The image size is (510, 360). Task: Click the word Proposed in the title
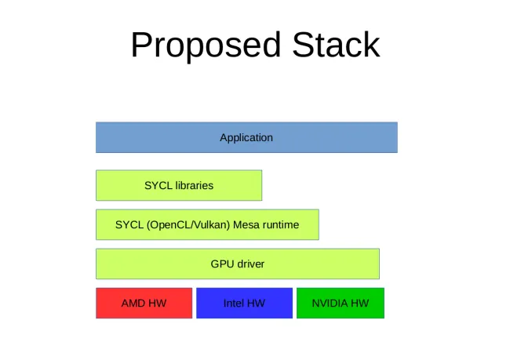tap(206, 45)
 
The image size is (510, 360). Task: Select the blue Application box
tap(246, 137)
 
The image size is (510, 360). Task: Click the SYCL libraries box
tap(179, 185)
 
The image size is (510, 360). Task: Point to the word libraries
tap(194, 185)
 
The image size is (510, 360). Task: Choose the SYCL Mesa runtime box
tap(207, 225)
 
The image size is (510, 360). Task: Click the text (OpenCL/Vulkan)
tap(188, 225)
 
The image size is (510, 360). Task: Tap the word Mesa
tap(244, 225)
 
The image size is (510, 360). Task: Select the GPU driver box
tap(238, 264)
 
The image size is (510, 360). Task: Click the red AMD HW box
tap(144, 303)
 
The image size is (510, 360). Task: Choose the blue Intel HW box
tap(244, 303)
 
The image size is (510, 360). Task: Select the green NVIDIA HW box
tap(341, 303)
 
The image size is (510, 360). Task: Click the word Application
tap(246, 138)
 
